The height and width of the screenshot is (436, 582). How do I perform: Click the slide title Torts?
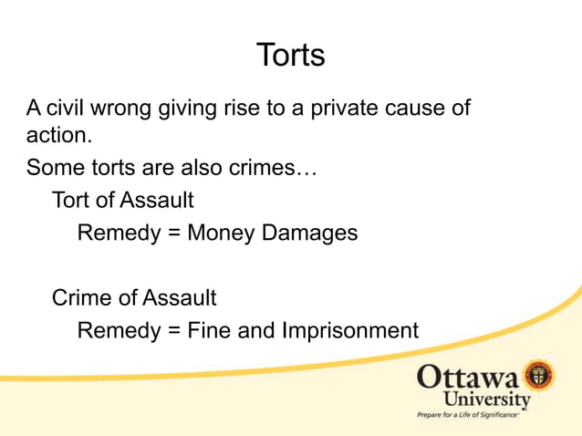point(291,55)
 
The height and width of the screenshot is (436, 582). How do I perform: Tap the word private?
point(346,109)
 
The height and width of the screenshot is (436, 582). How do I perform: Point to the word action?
point(57,138)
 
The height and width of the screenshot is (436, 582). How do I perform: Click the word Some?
point(51,169)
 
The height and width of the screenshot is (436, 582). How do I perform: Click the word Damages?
point(310,233)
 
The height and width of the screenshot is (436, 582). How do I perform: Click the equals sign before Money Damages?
point(171,233)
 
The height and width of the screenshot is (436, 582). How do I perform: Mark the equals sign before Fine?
point(171,329)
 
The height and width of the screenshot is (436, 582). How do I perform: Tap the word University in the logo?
point(486,400)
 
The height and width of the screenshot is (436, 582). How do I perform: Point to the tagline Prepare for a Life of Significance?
point(468,415)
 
